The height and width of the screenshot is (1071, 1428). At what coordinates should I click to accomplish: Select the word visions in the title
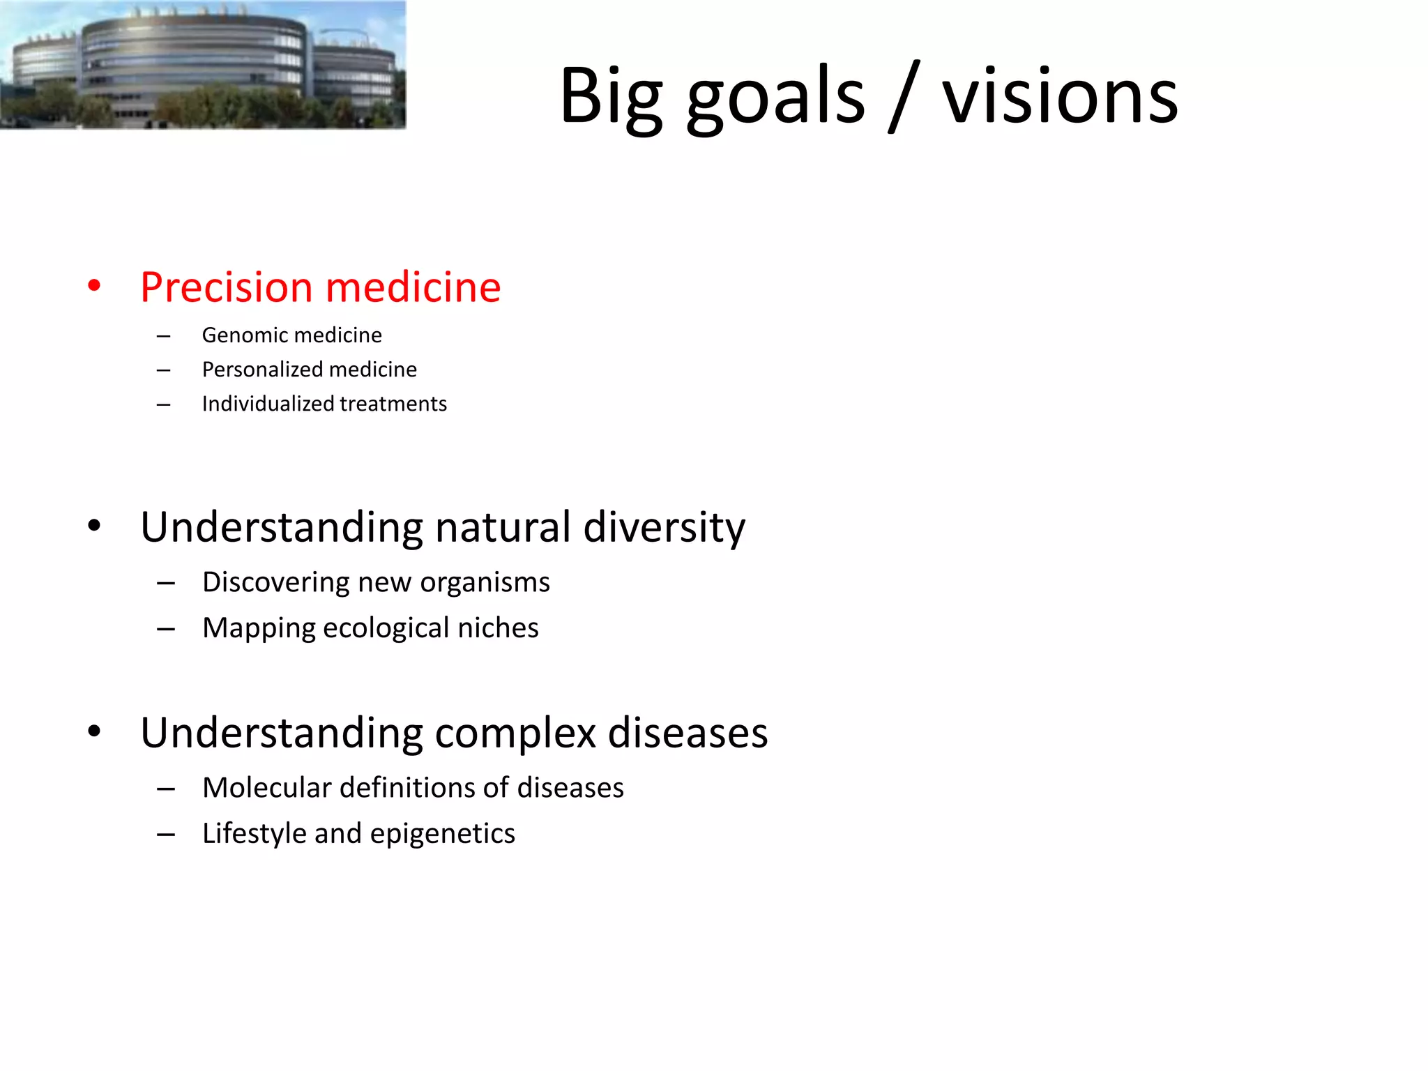pos(1060,98)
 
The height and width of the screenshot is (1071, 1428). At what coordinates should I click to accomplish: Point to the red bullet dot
pos(94,285)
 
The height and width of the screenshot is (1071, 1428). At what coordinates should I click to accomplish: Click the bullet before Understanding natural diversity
pos(94,526)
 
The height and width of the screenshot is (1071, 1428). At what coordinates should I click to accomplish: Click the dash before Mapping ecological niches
pos(166,629)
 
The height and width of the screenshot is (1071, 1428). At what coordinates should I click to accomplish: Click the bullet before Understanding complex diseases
pos(94,731)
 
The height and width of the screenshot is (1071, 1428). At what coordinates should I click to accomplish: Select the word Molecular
pos(266,788)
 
